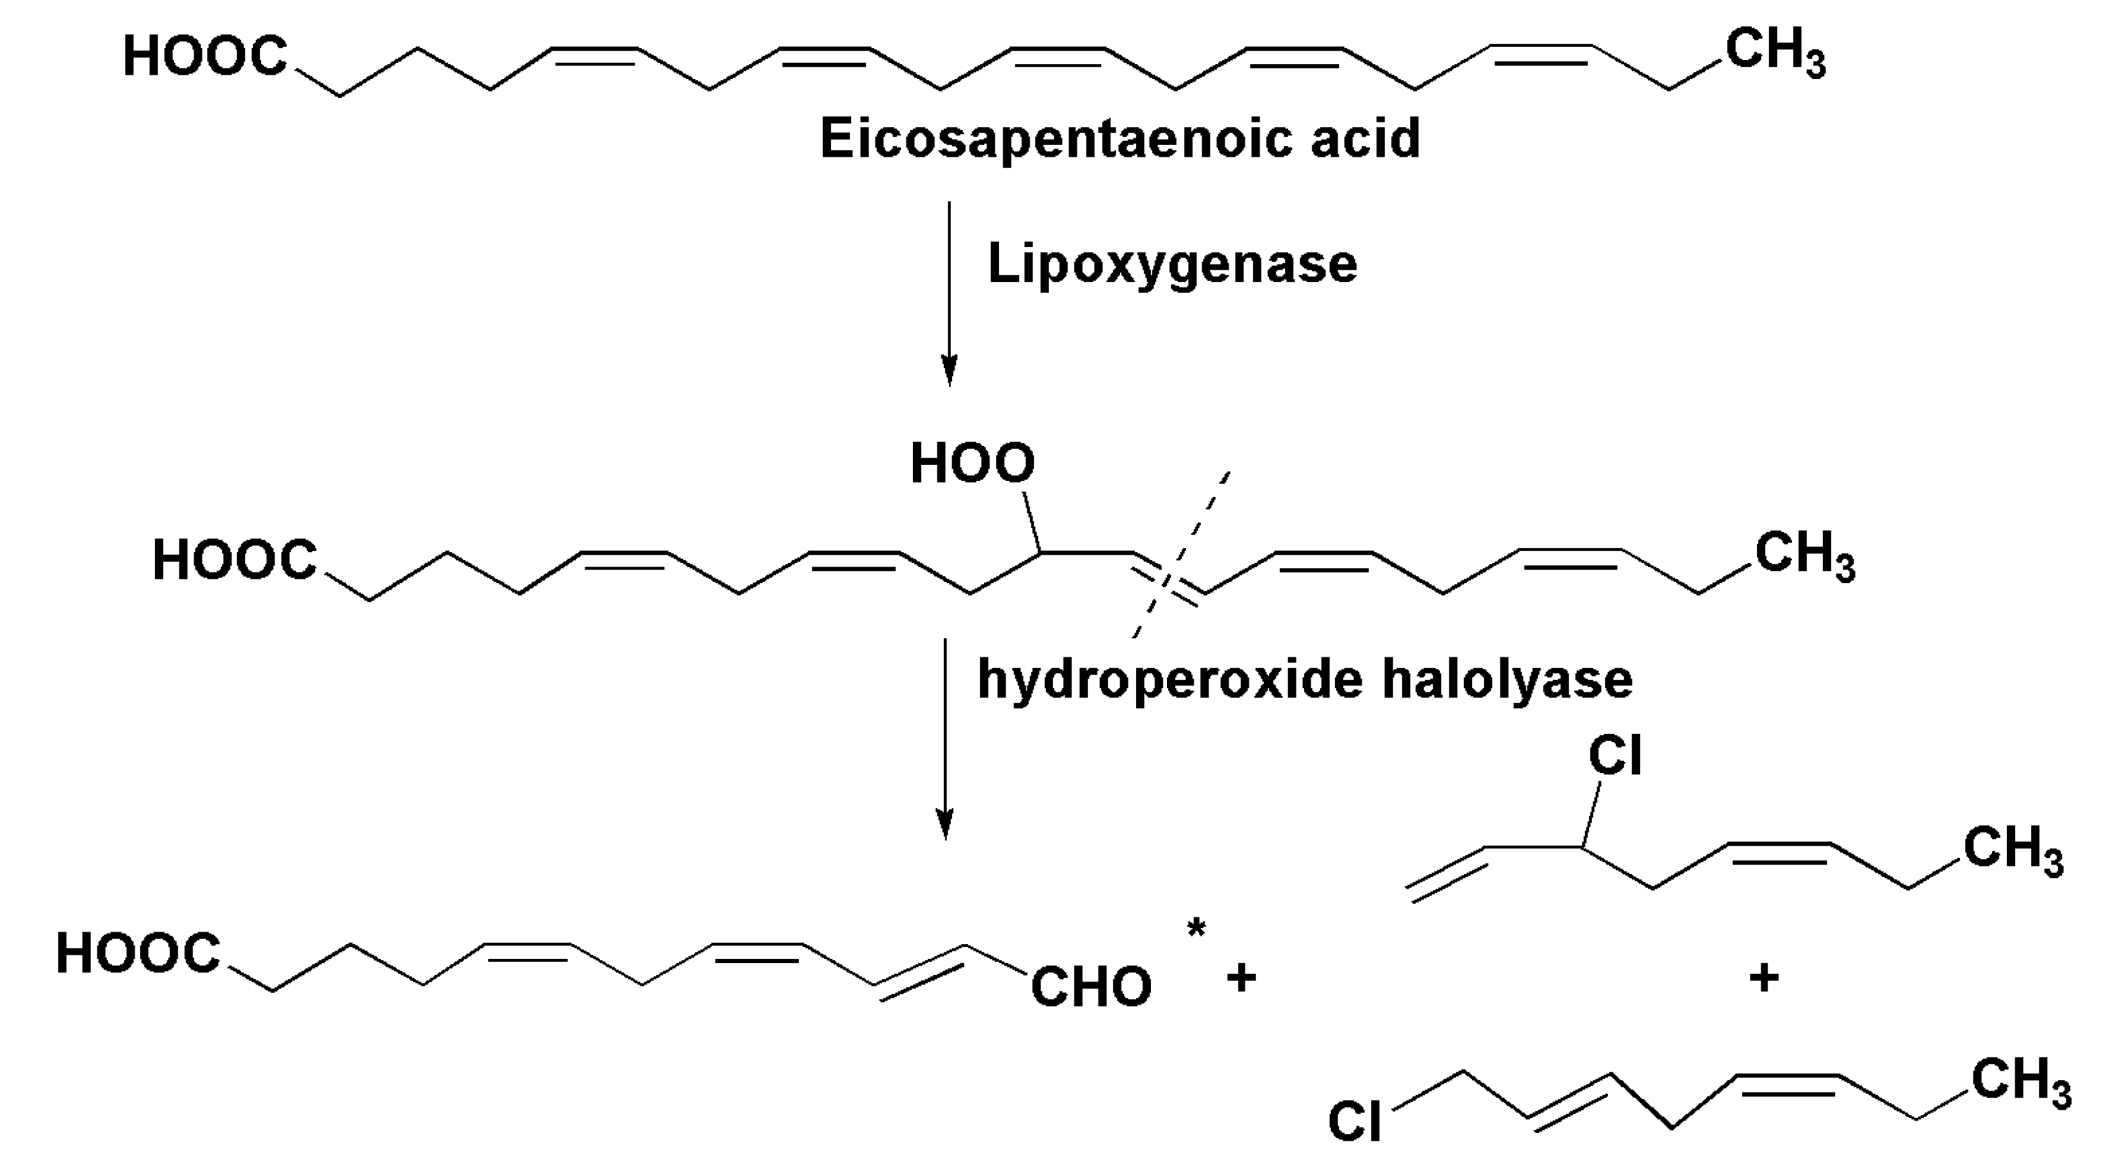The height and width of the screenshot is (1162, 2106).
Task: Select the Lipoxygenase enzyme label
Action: (1172, 264)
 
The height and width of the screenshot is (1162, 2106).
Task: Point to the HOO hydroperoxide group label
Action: (972, 464)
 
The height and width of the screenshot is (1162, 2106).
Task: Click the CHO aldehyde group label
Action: (1090, 987)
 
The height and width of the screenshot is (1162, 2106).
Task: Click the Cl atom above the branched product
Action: (1615, 756)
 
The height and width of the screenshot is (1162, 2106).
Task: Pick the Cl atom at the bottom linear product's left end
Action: (1355, 1120)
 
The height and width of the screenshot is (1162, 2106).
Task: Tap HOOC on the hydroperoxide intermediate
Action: (234, 561)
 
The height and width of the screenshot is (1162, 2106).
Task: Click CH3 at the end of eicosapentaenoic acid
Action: (1775, 53)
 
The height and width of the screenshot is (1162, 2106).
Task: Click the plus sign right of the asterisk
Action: (1241, 978)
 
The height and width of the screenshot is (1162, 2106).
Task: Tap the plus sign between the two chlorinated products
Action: (1764, 978)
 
